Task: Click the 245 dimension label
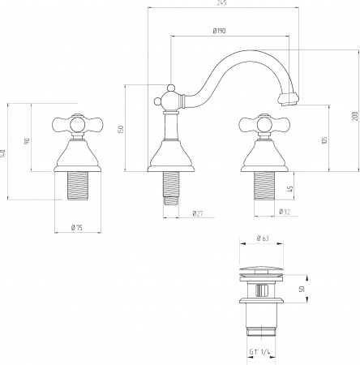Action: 221,3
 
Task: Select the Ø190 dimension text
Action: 219,31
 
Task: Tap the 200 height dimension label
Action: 354,116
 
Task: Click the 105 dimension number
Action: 324,140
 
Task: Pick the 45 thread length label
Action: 290,189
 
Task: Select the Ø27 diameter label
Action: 198,213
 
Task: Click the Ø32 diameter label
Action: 285,212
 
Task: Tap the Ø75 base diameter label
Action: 77,228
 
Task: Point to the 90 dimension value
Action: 27,141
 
